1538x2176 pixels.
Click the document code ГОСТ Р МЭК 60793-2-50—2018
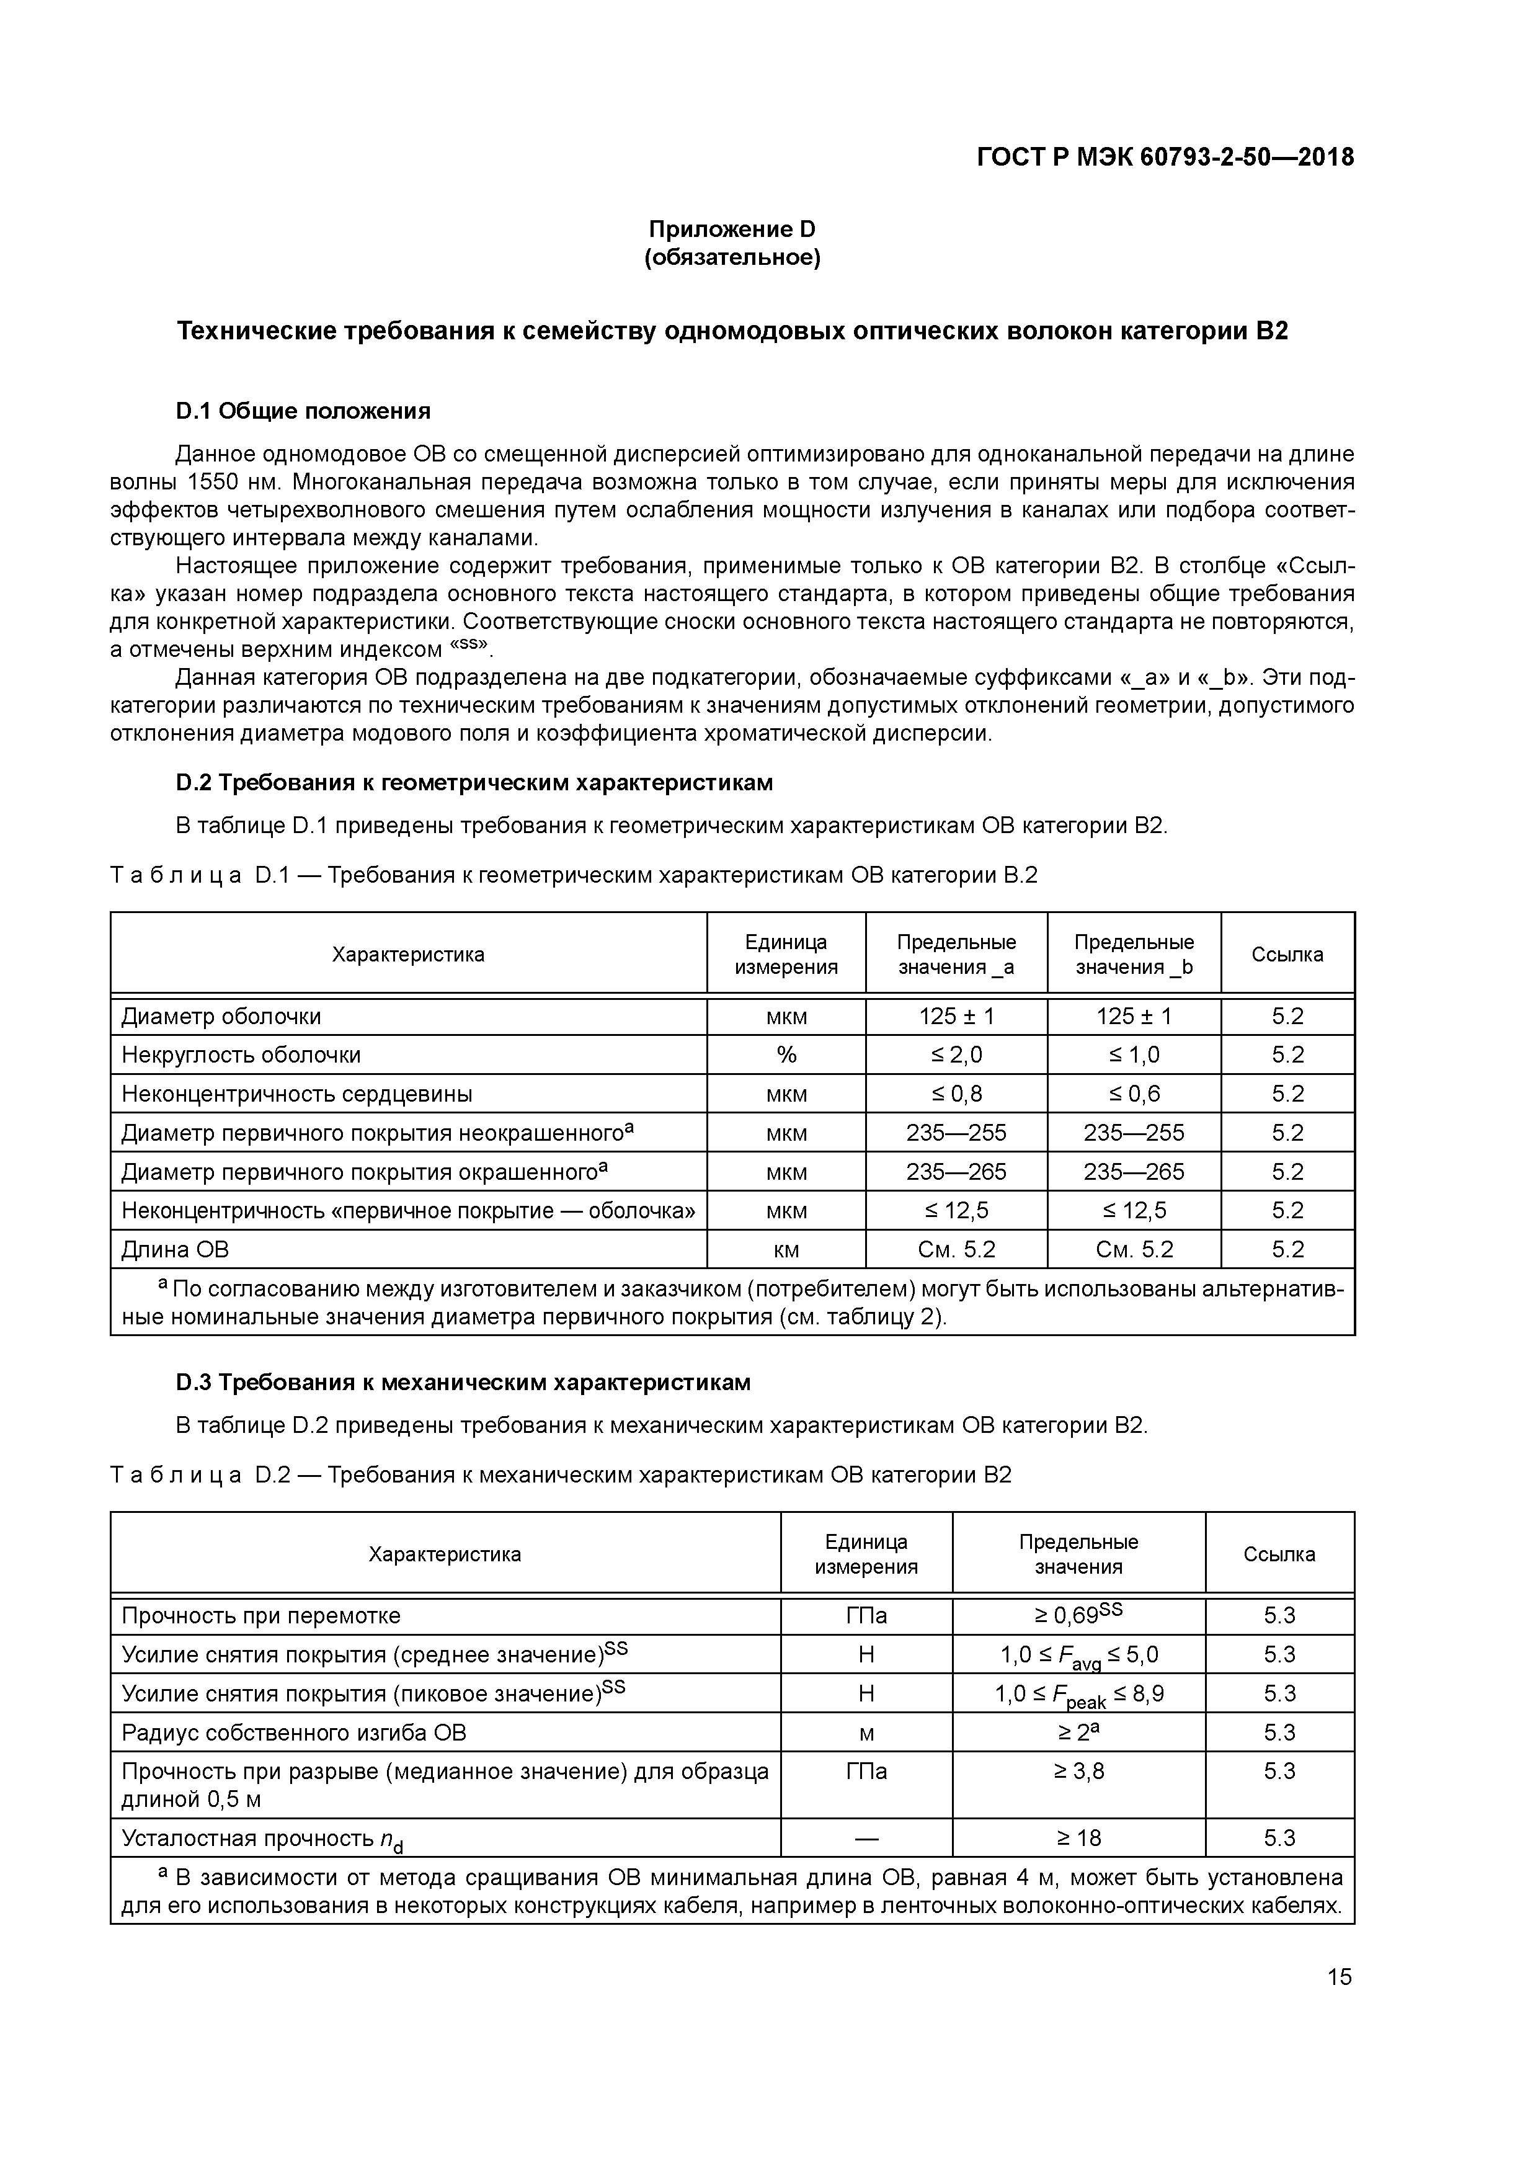(x=1165, y=158)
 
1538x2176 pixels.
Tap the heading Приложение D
(x=732, y=230)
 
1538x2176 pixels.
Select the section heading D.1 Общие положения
(x=303, y=411)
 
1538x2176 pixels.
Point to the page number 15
(x=1339, y=1977)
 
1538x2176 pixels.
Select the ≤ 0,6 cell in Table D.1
(x=1134, y=1094)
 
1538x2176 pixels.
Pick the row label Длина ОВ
(x=176, y=1249)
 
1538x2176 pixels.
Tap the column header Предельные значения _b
(x=1134, y=955)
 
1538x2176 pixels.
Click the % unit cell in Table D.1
(x=786, y=1055)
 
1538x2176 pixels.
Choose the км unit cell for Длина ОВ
(x=786, y=1249)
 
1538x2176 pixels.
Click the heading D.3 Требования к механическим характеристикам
(x=463, y=1383)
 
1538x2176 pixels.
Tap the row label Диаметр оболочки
(x=221, y=1016)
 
